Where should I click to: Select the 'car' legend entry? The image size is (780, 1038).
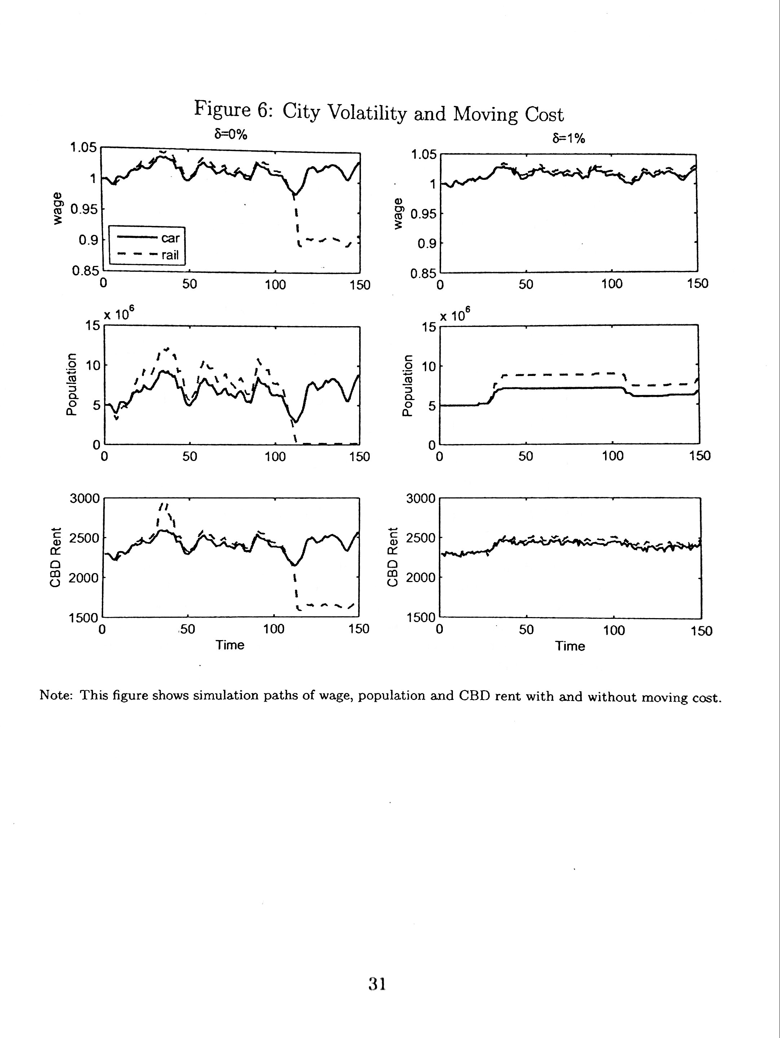[x=170, y=238]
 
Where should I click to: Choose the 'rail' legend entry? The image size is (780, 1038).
[x=170, y=256]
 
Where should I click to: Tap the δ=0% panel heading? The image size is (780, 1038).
[x=230, y=135]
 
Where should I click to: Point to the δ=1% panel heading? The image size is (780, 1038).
[x=569, y=138]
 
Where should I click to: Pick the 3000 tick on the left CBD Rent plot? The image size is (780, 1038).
[x=84, y=498]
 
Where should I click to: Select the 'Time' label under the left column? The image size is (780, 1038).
[x=230, y=645]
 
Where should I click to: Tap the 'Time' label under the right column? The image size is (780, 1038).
[x=570, y=646]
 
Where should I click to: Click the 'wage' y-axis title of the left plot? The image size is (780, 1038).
[x=57, y=208]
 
